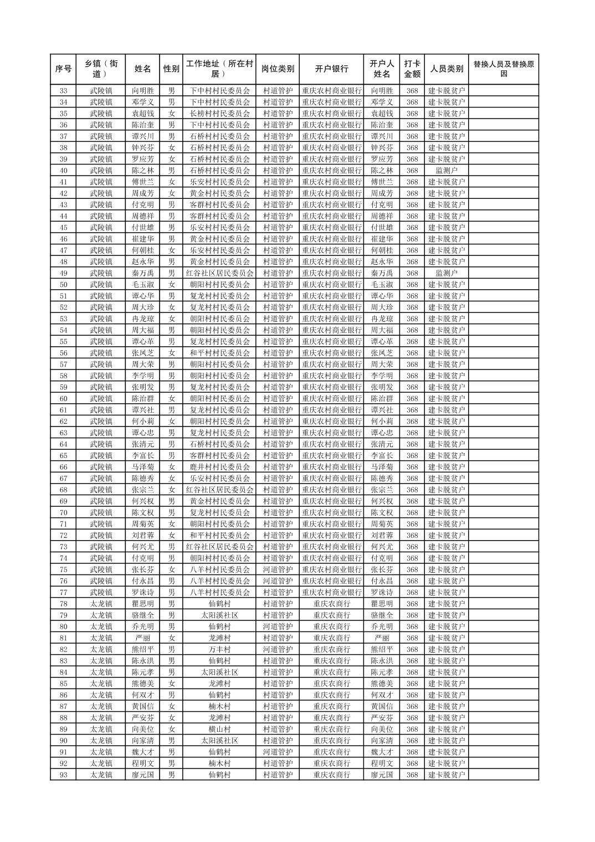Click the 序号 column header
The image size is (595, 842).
point(63,69)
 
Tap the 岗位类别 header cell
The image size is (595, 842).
point(277,69)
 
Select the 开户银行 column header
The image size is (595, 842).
point(331,69)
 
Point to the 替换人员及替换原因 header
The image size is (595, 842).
point(503,69)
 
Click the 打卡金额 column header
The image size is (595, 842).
point(412,69)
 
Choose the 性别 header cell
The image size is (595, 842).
point(171,69)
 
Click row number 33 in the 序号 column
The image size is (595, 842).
point(63,91)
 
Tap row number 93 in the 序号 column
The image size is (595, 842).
point(63,775)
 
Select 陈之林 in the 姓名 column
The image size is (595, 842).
point(142,171)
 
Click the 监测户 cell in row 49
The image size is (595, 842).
point(447,273)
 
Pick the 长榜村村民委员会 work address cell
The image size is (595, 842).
point(219,114)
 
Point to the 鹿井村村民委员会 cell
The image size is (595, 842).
point(219,467)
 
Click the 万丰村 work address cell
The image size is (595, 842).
point(219,649)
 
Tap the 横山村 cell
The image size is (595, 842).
point(219,729)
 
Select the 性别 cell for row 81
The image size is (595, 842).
point(171,638)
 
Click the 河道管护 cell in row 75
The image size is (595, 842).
point(277,569)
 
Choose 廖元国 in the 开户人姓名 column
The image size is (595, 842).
point(382,775)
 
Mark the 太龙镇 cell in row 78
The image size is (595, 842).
point(101,604)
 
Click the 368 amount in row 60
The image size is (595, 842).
point(412,399)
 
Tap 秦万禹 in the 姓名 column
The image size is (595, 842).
point(142,273)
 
